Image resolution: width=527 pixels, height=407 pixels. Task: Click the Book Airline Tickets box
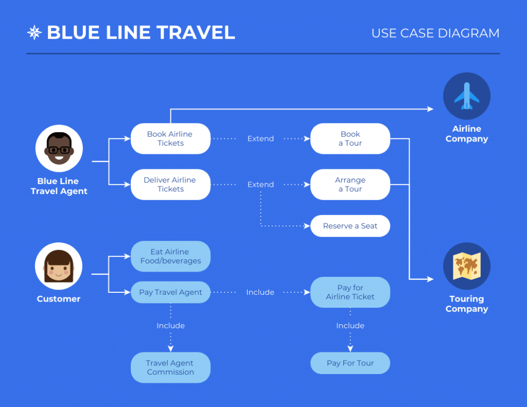tap(170, 138)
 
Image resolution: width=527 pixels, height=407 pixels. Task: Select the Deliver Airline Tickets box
tap(170, 184)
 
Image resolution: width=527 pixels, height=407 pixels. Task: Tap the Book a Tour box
tap(350, 138)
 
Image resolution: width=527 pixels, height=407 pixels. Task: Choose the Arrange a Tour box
tap(350, 184)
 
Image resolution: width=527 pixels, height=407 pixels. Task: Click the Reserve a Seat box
tap(350, 226)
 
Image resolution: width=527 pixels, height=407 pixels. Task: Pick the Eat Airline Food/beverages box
tap(170, 256)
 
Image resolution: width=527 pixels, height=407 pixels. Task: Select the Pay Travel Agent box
tap(170, 292)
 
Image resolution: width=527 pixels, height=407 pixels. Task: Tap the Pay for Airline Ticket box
tap(350, 292)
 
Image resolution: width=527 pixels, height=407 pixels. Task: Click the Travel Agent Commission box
tap(170, 367)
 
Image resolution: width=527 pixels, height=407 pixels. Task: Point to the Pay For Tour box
tap(350, 363)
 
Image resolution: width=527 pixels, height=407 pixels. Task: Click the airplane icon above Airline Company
tap(467, 96)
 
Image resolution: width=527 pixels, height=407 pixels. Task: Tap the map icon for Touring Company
tap(467, 266)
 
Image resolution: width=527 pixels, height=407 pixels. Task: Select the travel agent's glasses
tap(59, 150)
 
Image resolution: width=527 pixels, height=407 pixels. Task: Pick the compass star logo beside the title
tap(34, 33)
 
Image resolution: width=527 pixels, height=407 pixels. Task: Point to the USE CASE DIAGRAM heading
tap(435, 33)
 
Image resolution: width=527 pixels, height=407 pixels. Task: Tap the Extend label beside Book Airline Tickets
tap(260, 138)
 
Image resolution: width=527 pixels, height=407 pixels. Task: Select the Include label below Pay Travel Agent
tap(170, 326)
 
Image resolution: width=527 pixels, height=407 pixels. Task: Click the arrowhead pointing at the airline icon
tap(431, 109)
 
